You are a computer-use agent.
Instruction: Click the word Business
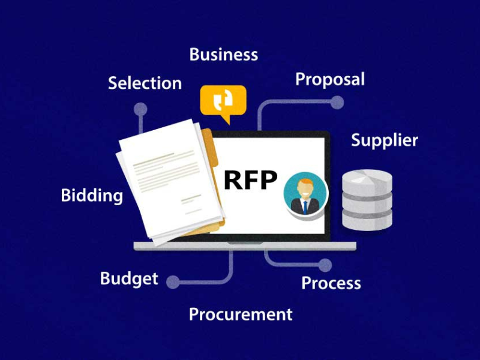223,55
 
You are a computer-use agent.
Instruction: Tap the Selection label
145,83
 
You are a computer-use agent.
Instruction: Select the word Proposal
330,79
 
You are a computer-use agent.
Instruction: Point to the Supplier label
384,140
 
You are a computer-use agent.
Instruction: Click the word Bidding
92,196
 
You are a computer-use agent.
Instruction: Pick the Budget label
129,278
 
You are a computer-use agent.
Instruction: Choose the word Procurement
241,314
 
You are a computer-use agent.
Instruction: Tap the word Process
331,283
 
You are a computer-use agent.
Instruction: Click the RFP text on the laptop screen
251,179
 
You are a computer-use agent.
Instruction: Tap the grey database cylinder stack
367,200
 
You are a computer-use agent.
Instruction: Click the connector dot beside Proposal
337,103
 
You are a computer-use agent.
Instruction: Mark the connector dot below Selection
141,109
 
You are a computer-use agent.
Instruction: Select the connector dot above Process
325,265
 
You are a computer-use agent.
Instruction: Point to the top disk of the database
367,179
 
